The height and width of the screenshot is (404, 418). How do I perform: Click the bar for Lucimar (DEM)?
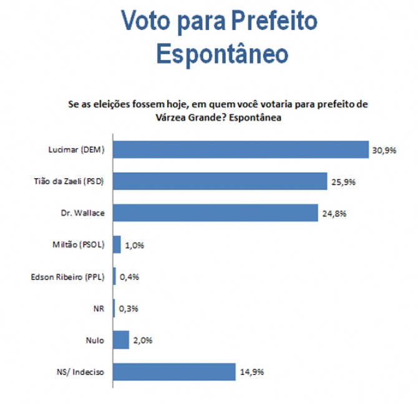(x=240, y=150)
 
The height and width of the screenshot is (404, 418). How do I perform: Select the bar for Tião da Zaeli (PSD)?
(x=220, y=181)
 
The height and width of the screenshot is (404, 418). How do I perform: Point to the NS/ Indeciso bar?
(x=174, y=372)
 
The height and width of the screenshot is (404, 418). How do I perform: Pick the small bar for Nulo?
(x=121, y=340)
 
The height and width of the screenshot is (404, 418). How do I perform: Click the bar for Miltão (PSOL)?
(x=117, y=245)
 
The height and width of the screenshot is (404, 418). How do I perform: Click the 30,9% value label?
(x=384, y=150)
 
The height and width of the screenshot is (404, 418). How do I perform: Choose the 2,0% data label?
(x=142, y=341)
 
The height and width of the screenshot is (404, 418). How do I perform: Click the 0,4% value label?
(x=129, y=277)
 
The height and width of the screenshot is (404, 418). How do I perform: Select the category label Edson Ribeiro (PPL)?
(x=67, y=277)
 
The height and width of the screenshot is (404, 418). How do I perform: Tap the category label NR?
(x=98, y=309)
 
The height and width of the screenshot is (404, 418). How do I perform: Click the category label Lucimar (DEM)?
(x=77, y=150)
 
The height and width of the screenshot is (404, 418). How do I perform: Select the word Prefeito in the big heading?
(x=273, y=21)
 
